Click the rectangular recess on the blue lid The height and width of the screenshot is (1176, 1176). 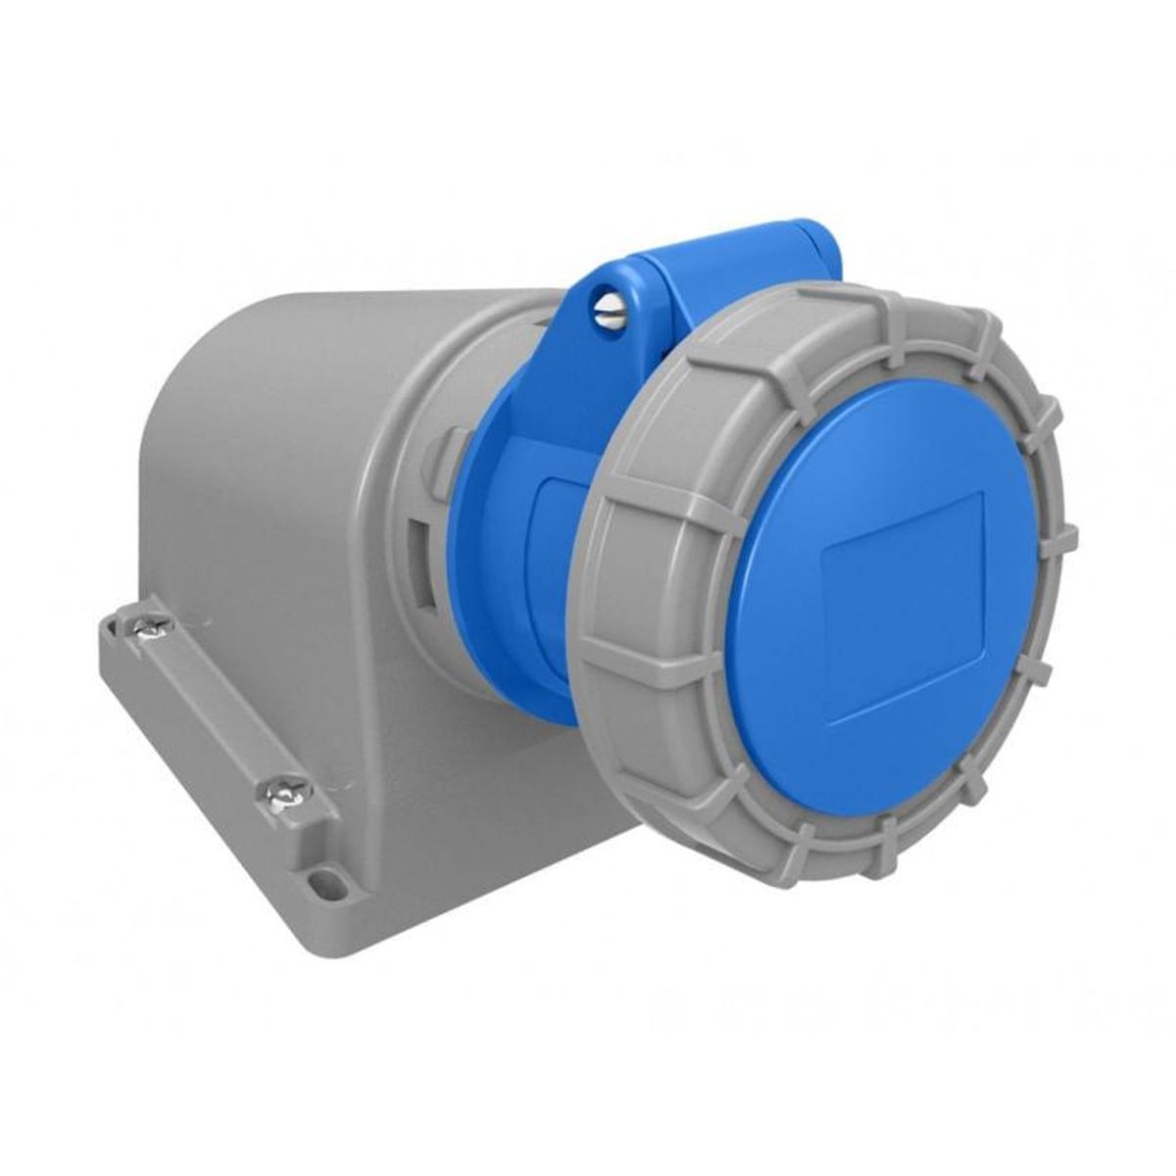click(902, 606)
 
